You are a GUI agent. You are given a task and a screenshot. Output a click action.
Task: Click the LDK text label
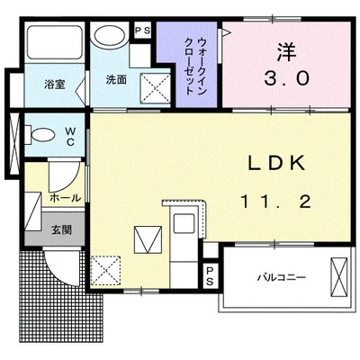click(278, 163)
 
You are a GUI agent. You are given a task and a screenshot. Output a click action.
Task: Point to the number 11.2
click(275, 202)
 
